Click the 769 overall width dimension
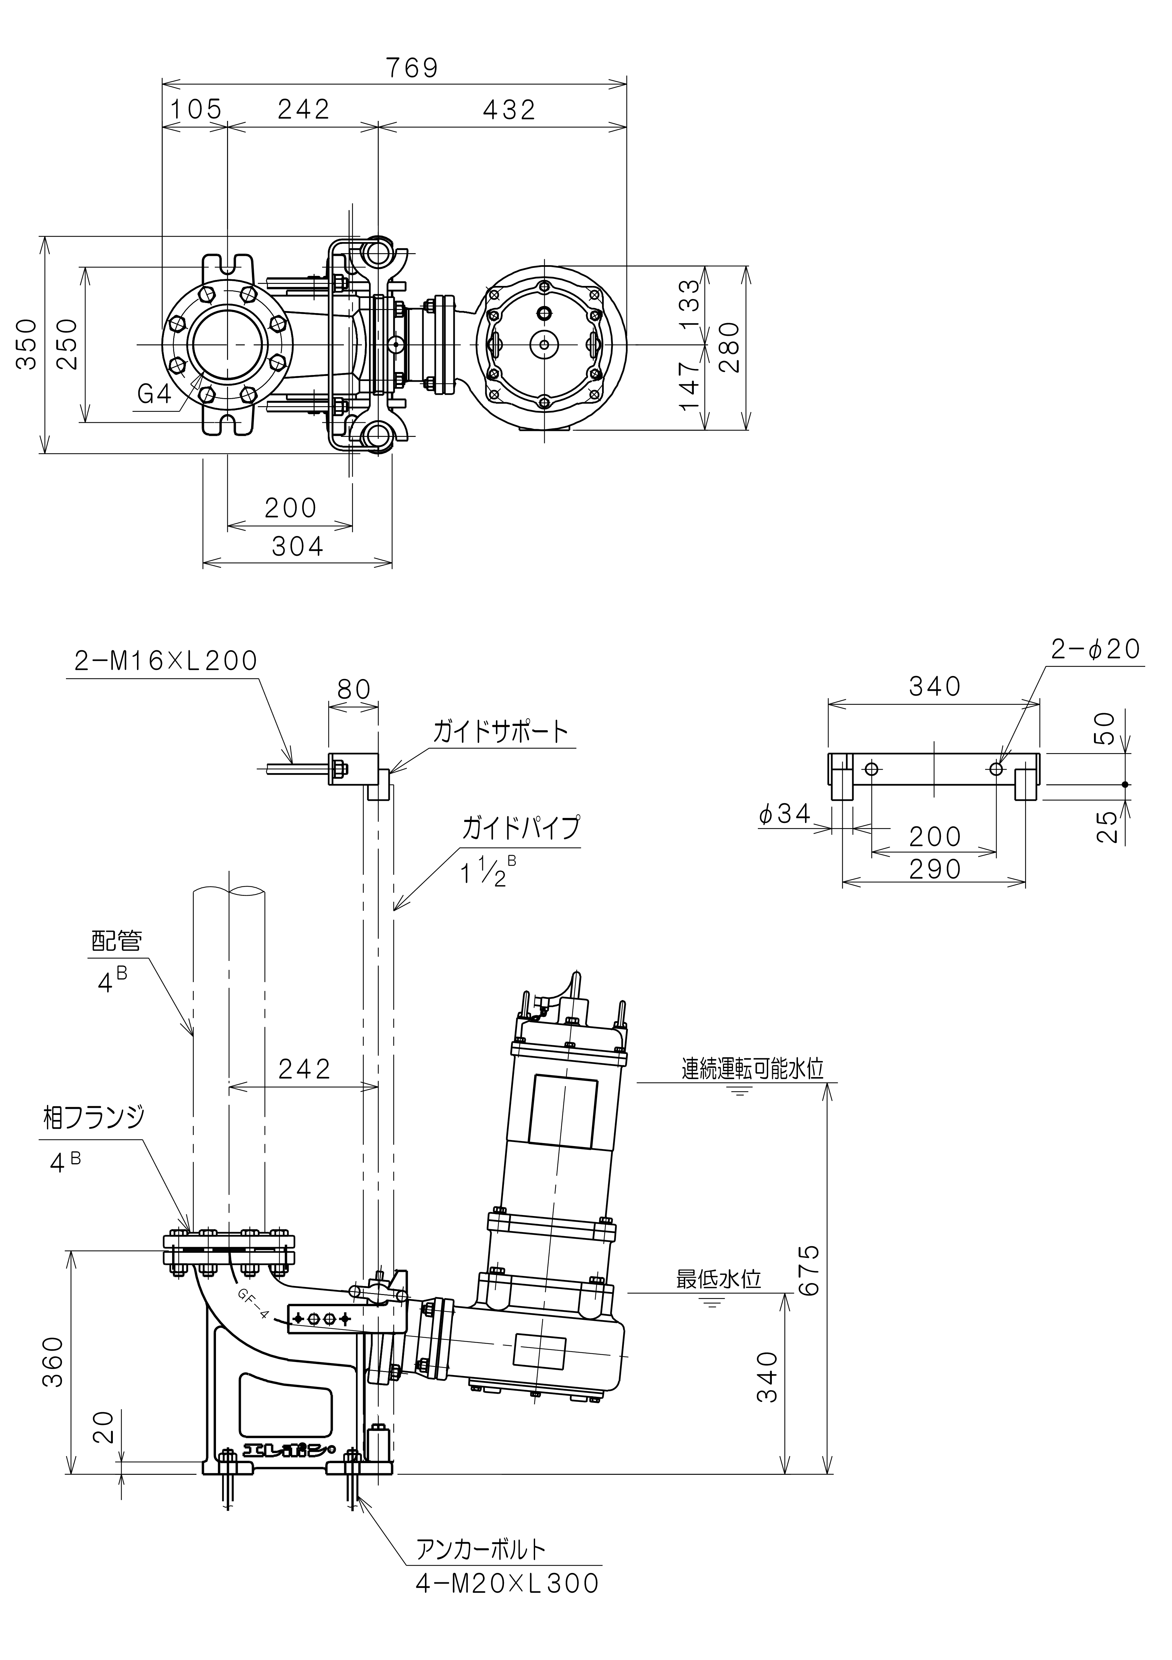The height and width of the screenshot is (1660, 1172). point(412,68)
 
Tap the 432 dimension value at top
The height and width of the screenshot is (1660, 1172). point(509,110)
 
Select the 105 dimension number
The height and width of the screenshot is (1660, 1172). point(196,110)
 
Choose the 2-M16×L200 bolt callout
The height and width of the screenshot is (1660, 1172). point(165,661)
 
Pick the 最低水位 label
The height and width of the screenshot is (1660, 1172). point(719,1279)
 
